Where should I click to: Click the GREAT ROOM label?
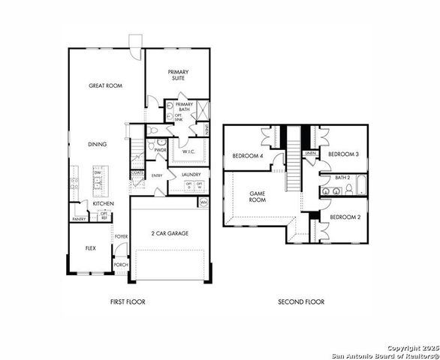point(104,85)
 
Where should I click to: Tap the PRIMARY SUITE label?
point(178,75)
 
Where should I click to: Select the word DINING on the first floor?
point(97,144)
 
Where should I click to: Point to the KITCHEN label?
point(103,203)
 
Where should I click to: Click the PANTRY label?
point(79,219)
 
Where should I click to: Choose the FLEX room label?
point(89,247)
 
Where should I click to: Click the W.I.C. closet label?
point(188,150)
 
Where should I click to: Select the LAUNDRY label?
point(190,175)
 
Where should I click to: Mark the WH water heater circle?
point(203,202)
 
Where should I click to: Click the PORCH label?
point(120,265)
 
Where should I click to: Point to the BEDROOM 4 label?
point(247,156)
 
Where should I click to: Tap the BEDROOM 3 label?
point(344,154)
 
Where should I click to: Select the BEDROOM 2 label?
point(345,217)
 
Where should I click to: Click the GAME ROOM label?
point(258,196)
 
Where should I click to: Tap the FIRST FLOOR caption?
point(127,302)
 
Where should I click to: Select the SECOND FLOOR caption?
point(301,302)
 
